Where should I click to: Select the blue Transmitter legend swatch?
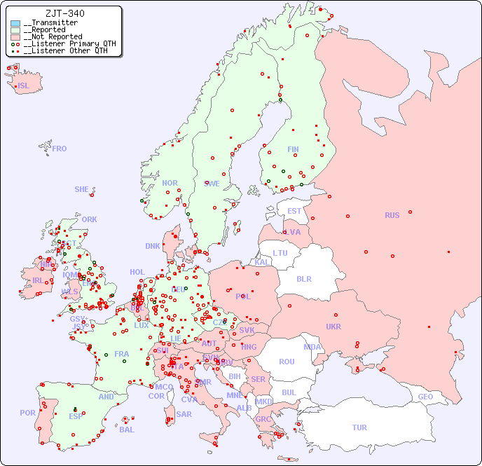tap(15, 23)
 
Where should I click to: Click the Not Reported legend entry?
tap(53, 36)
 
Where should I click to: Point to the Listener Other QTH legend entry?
tap(64, 50)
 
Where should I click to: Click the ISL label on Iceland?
tap(24, 86)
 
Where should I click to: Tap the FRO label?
tap(60, 149)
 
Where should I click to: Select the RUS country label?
tap(392, 215)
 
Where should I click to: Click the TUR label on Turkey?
tap(359, 427)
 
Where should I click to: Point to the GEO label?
tap(425, 397)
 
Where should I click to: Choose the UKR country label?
tap(333, 327)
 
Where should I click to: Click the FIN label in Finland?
tap(293, 149)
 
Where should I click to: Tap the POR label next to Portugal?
tap(27, 413)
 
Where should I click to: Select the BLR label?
tap(304, 278)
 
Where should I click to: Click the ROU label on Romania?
tap(287, 362)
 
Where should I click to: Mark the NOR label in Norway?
tap(170, 183)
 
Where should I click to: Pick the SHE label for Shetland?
tap(82, 189)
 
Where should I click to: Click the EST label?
tap(294, 211)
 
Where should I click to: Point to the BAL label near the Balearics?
tap(127, 430)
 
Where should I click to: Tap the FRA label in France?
tap(122, 354)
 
